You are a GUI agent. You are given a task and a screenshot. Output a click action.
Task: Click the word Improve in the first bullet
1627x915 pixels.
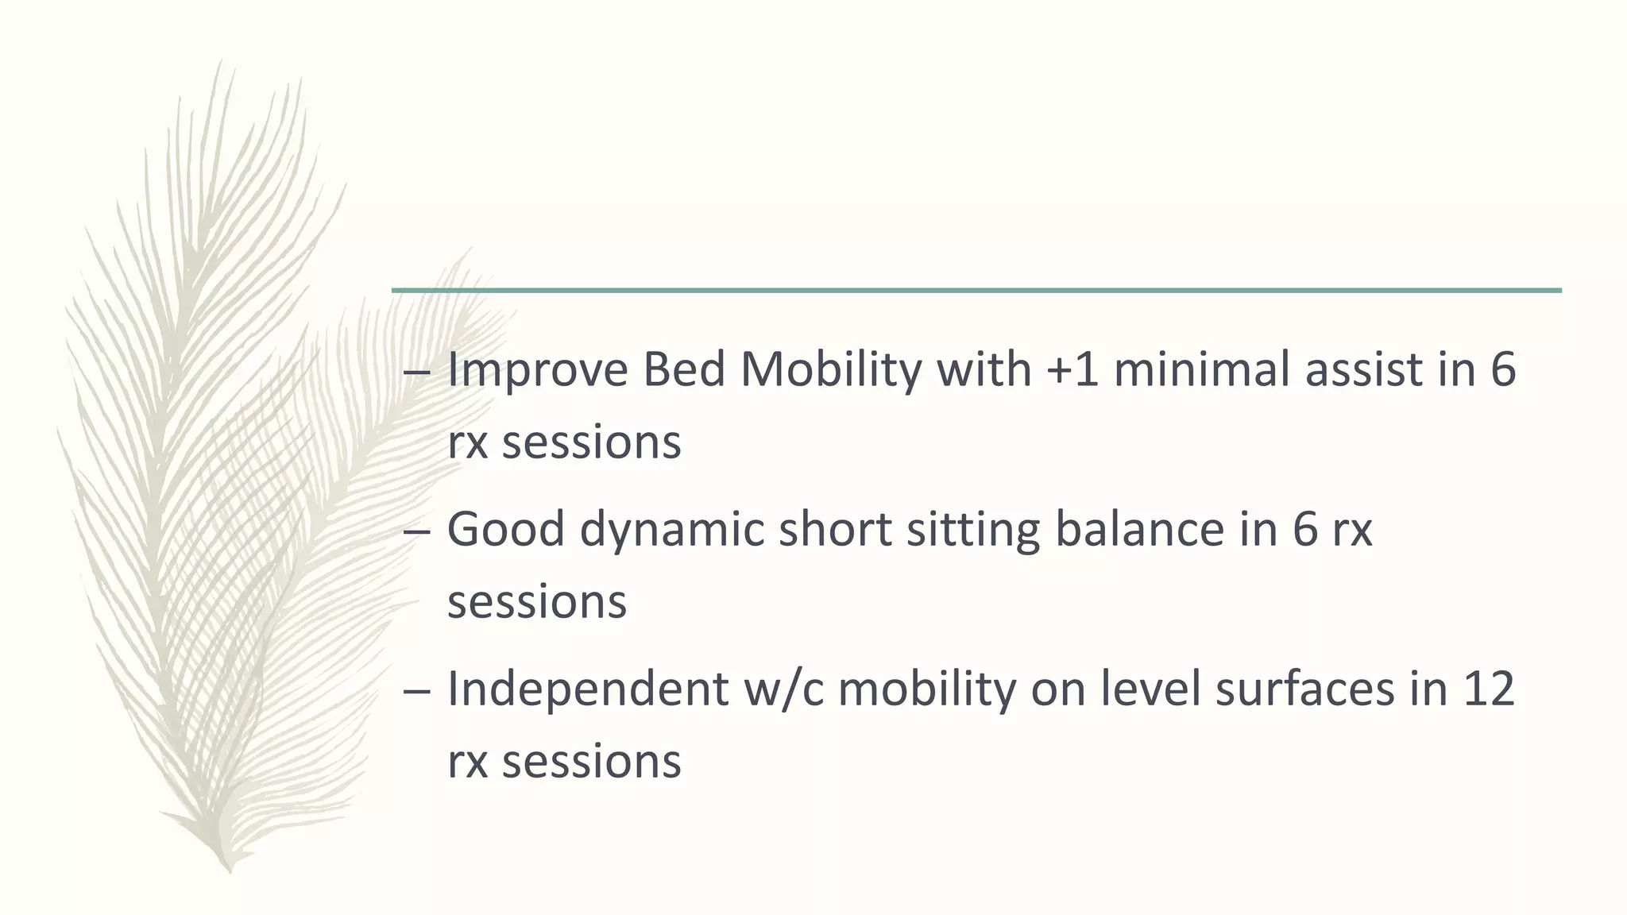coord(538,371)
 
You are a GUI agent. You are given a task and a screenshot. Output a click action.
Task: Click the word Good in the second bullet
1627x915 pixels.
coord(505,529)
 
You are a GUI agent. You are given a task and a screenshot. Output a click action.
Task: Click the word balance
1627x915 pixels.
coord(1139,529)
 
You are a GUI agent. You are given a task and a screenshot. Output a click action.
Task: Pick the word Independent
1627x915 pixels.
coord(588,689)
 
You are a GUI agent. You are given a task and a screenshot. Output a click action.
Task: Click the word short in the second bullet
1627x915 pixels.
coord(835,529)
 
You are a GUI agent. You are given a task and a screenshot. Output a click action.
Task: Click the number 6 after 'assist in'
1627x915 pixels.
coord(1503,371)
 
